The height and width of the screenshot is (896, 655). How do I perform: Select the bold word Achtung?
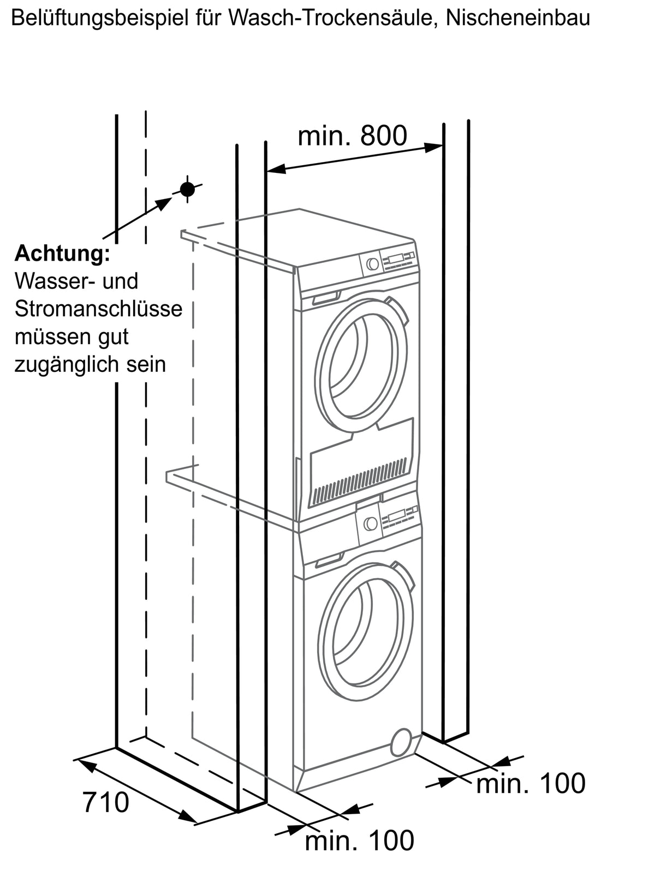[62, 254]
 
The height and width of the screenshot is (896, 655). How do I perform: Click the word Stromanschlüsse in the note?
[98, 309]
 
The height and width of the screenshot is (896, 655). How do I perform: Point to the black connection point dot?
[187, 189]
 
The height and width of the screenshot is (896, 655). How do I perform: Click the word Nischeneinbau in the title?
[517, 18]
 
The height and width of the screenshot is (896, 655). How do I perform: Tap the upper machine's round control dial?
[373, 263]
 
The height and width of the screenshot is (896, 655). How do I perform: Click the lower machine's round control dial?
[370, 523]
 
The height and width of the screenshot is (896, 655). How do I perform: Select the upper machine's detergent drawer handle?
[326, 298]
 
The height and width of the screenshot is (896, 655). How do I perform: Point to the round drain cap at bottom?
[401, 742]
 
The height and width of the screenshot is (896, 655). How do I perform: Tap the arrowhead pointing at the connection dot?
[163, 203]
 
